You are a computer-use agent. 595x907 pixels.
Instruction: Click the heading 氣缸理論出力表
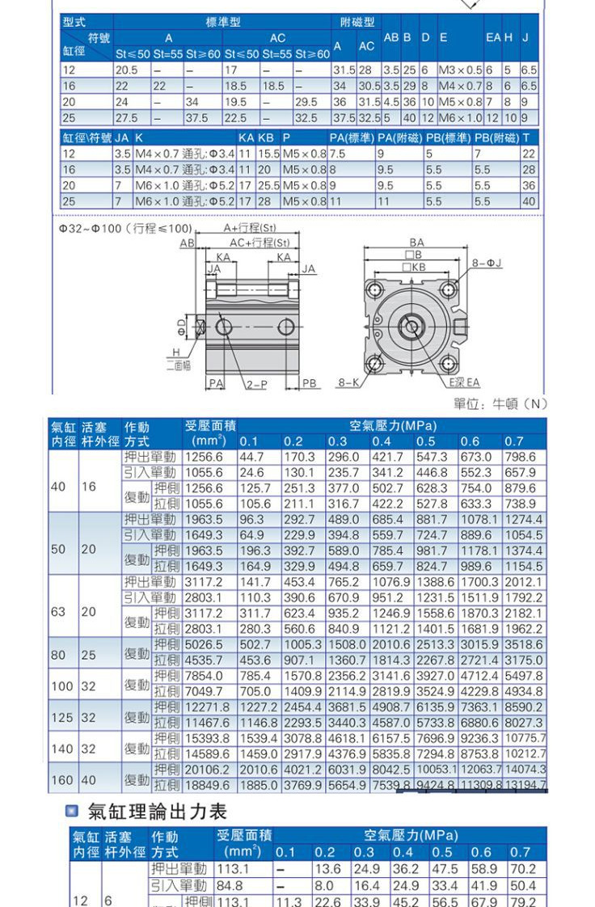pyautogui.click(x=157, y=811)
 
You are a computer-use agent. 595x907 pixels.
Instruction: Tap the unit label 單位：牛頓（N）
pyautogui.click(x=500, y=403)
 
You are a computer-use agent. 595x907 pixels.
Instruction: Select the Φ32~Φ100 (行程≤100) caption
pyautogui.click(x=114, y=229)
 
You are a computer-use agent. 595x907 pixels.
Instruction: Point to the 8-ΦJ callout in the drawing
pyautogui.click(x=488, y=263)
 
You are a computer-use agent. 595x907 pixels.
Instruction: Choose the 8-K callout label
pyautogui.click(x=349, y=382)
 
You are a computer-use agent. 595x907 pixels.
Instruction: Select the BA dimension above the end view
pyautogui.click(x=416, y=242)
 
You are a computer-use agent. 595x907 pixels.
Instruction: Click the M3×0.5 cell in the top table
pyautogui.click(x=459, y=70)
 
